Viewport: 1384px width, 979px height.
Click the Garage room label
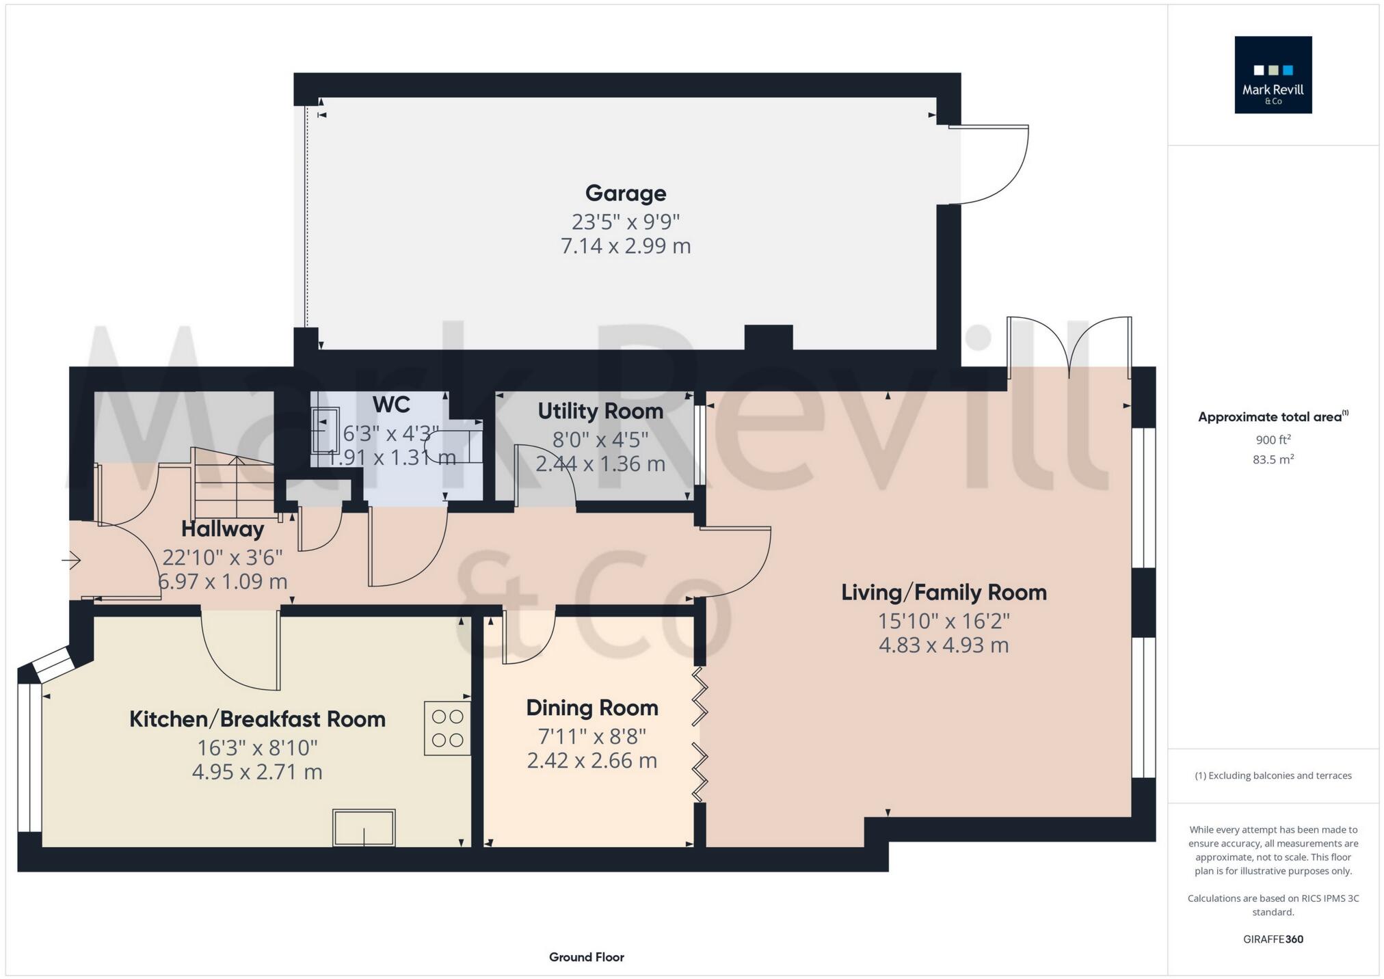pyautogui.click(x=625, y=193)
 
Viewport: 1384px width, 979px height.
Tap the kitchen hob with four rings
pyautogui.click(x=447, y=728)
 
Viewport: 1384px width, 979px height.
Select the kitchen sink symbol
pyautogui.click(x=364, y=827)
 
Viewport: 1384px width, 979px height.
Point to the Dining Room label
pyautogui.click(x=592, y=708)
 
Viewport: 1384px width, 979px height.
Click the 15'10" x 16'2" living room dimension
pyautogui.click(x=944, y=621)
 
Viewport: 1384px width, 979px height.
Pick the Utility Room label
pyautogui.click(x=600, y=411)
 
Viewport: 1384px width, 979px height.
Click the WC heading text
pyautogui.click(x=391, y=405)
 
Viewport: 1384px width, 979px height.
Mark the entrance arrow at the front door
pyautogui.click(x=72, y=561)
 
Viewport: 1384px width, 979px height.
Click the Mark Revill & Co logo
pyautogui.click(x=1273, y=75)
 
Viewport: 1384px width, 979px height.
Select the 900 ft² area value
pyautogui.click(x=1273, y=440)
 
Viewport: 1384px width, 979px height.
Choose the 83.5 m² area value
pyautogui.click(x=1273, y=459)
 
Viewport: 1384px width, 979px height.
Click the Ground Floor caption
pyautogui.click(x=586, y=957)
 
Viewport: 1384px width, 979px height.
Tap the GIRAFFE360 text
pyautogui.click(x=1273, y=939)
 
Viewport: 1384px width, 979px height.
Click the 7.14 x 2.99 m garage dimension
pyautogui.click(x=625, y=246)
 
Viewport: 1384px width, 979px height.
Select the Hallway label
pyautogui.click(x=222, y=529)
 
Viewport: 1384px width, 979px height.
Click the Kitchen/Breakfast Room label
pyautogui.click(x=257, y=719)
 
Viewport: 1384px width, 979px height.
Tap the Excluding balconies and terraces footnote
pyautogui.click(x=1273, y=775)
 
